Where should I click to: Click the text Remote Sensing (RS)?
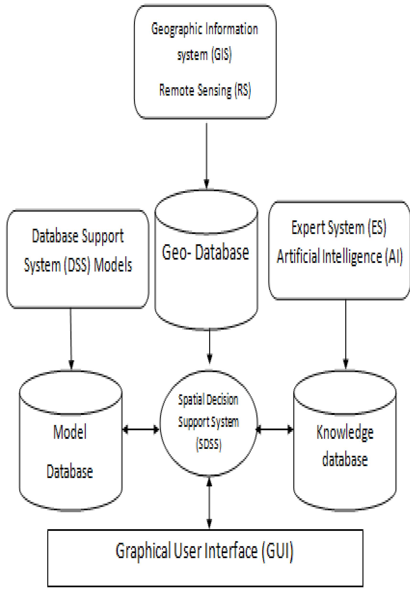205,91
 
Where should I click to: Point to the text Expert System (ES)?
339,228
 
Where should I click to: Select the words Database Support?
78,236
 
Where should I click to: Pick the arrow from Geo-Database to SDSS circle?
210,346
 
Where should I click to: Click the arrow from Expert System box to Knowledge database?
346,334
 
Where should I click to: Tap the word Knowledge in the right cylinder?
345,433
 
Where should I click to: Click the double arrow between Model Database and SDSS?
141,429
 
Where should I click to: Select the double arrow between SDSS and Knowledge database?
275,429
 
